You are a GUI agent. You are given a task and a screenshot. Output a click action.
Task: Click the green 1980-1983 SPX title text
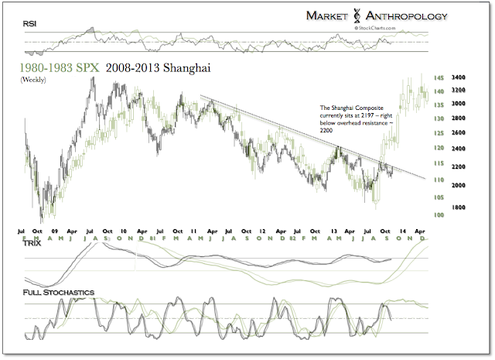click(x=56, y=67)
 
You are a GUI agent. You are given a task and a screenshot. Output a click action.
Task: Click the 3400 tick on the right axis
click(x=458, y=77)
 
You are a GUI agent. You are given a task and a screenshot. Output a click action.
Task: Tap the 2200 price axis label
click(x=458, y=166)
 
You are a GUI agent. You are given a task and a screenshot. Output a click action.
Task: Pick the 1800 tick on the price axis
click(x=458, y=207)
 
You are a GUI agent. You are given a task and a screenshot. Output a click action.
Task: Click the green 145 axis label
click(x=438, y=77)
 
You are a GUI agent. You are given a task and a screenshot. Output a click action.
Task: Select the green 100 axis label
click(x=438, y=215)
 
